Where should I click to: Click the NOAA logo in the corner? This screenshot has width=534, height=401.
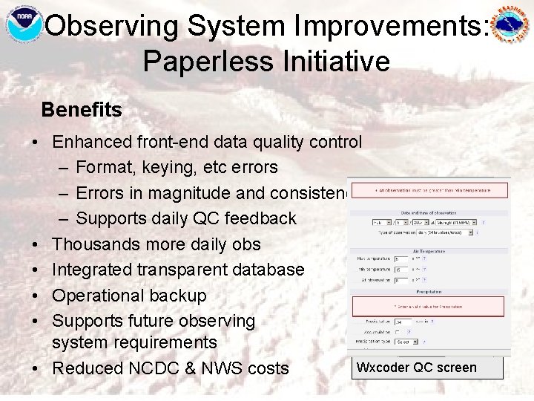pyautogui.click(x=24, y=25)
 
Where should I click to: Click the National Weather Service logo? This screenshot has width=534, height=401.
pyautogui.click(x=511, y=25)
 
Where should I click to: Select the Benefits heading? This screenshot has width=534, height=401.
pyautogui.click(x=82, y=110)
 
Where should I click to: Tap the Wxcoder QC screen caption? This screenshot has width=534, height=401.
pyautogui.click(x=416, y=367)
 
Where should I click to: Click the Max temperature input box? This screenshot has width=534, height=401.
pyautogui.click(x=401, y=258)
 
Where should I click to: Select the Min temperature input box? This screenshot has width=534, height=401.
pyautogui.click(x=401, y=270)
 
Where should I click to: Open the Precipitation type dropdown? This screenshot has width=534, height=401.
pyautogui.click(x=407, y=342)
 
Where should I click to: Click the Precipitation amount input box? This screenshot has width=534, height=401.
pyautogui.click(x=403, y=322)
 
